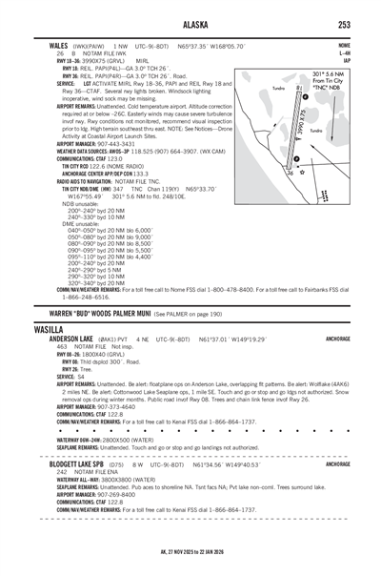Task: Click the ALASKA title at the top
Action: [190, 26]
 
